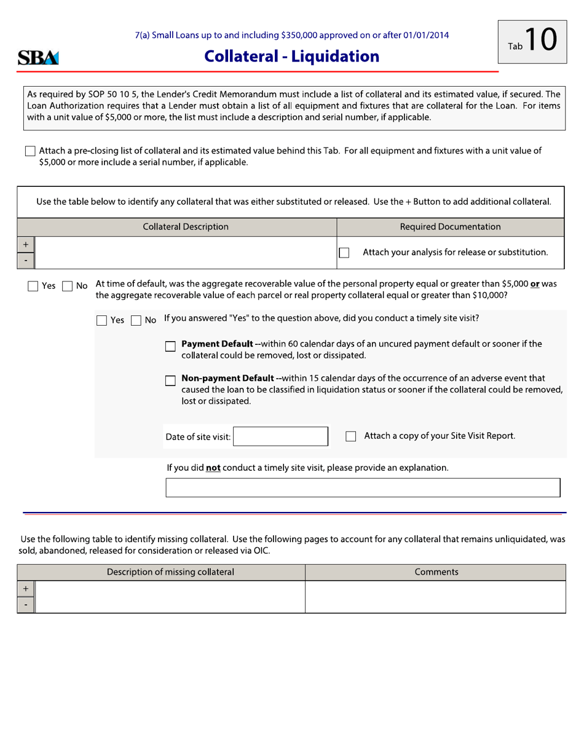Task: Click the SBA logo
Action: click(38, 58)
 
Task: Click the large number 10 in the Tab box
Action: click(540, 41)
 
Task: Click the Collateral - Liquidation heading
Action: click(291, 57)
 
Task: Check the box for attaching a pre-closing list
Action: click(30, 151)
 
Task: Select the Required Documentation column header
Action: click(450, 227)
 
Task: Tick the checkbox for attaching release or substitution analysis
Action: click(344, 253)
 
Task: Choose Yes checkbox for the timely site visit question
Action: click(102, 320)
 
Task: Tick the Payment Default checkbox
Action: click(171, 347)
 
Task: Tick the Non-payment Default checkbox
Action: click(171, 380)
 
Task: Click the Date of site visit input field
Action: click(281, 436)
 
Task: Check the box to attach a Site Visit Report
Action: click(351, 436)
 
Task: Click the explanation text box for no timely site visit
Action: click(363, 487)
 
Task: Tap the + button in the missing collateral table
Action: click(26, 589)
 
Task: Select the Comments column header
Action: click(436, 572)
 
